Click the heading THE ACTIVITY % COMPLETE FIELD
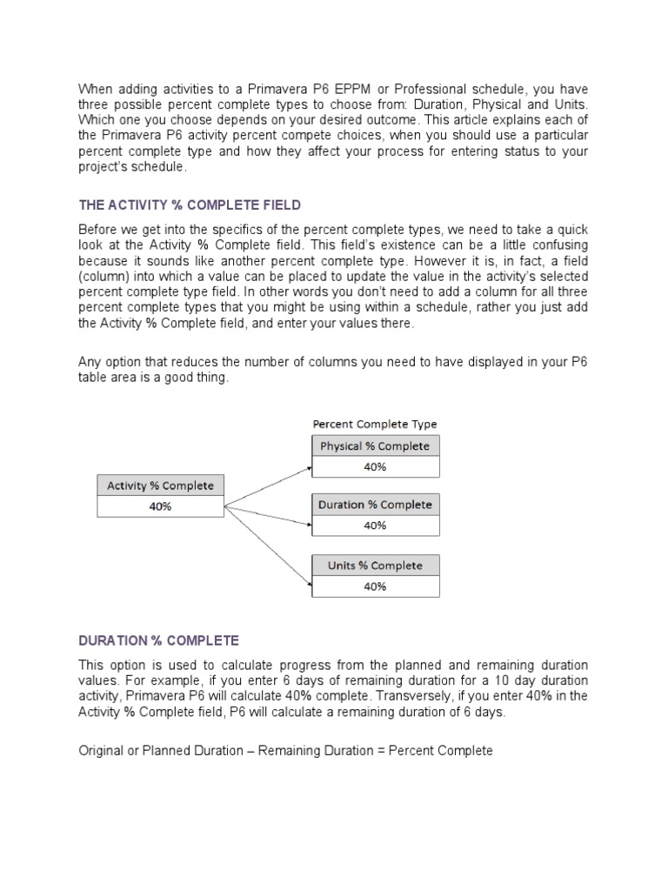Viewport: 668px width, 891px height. point(190,205)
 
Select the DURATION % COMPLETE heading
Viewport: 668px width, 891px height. point(158,640)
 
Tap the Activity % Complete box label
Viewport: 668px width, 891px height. point(160,486)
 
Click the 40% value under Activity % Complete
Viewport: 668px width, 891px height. point(160,506)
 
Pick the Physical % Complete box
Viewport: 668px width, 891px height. point(375,446)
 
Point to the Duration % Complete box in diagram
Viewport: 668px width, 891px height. point(375,505)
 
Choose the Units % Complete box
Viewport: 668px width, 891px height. point(375,566)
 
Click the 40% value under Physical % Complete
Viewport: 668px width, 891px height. point(375,466)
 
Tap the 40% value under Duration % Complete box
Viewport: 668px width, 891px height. point(375,526)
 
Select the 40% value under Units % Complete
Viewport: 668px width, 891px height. point(375,586)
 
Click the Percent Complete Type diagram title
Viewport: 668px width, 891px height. point(375,425)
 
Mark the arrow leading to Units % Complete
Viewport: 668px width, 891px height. point(268,542)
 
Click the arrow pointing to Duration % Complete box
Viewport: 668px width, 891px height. point(268,514)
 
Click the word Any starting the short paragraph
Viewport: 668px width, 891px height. point(90,361)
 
